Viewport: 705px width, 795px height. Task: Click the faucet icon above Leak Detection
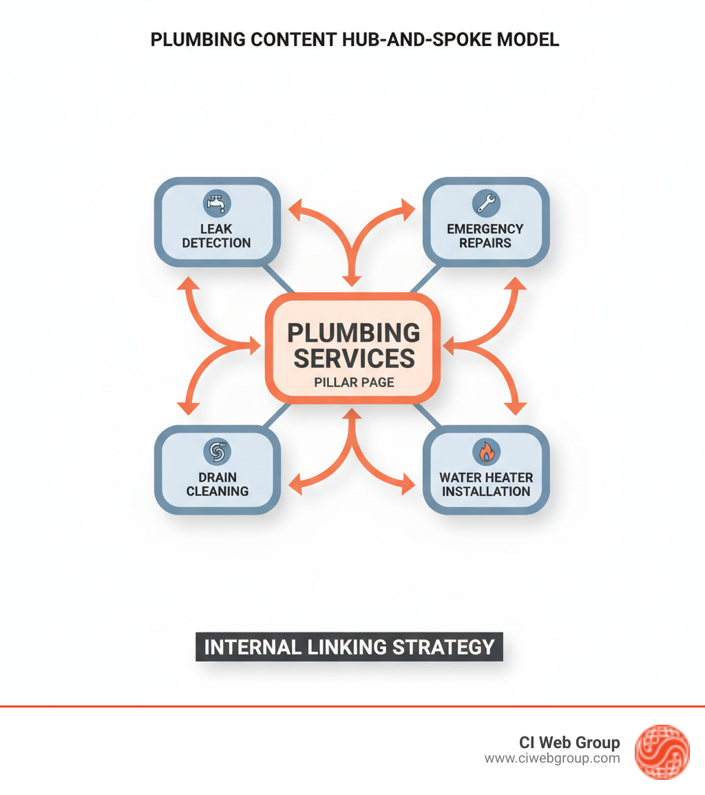217,203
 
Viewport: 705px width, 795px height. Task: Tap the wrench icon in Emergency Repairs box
485,203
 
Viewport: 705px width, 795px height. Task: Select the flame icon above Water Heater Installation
486,452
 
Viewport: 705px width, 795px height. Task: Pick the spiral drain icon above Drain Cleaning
217,452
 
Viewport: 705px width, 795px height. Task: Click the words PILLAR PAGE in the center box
354,382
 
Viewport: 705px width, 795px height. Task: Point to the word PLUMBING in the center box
353,333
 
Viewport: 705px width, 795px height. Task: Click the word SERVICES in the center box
354,358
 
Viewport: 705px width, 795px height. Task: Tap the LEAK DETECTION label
217,236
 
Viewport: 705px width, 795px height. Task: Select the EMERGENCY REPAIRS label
485,236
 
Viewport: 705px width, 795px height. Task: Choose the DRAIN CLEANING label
217,484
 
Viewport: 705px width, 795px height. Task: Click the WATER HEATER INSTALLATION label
486,484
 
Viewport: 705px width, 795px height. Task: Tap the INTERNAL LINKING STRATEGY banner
350,647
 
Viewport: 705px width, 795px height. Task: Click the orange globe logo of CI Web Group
662,752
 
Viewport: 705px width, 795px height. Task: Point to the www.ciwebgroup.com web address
552,758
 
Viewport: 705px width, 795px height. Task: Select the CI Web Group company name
569,743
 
